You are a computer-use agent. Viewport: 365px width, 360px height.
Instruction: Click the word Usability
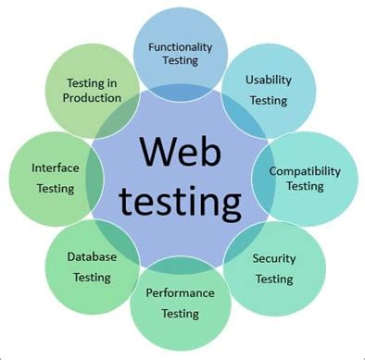pyautogui.click(x=269, y=80)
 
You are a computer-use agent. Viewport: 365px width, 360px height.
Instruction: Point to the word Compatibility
pyautogui.click(x=305, y=170)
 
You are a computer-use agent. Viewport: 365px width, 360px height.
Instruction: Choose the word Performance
pyautogui.click(x=180, y=292)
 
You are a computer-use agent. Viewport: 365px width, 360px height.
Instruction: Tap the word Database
pyautogui.click(x=91, y=255)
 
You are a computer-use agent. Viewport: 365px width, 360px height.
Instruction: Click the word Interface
pyautogui.click(x=56, y=168)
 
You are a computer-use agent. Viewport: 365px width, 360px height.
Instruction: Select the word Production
pyautogui.click(x=94, y=97)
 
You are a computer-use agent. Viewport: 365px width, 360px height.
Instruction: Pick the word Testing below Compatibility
pyautogui.click(x=305, y=186)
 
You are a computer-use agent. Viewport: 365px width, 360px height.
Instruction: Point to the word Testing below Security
pyautogui.click(x=274, y=279)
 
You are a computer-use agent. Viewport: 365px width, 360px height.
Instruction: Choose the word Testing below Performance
pyautogui.click(x=180, y=314)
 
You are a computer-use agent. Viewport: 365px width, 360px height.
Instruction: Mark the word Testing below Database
pyautogui.click(x=91, y=277)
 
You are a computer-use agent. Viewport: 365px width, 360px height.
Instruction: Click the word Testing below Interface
pyautogui.click(x=56, y=189)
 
